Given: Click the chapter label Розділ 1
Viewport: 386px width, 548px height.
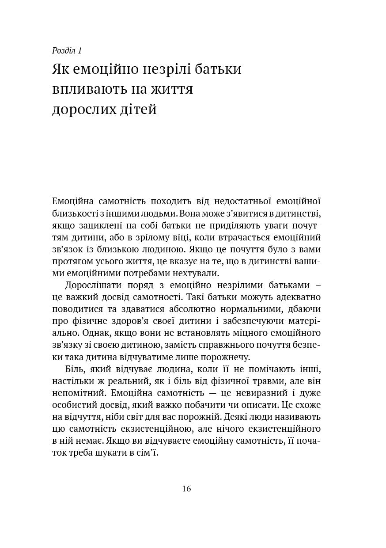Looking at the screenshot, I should pyautogui.click(x=67, y=50).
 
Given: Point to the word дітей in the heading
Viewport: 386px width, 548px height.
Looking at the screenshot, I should pyautogui.click(x=138, y=109).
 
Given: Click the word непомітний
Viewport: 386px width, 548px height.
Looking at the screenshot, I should pyautogui.click(x=79, y=392).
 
